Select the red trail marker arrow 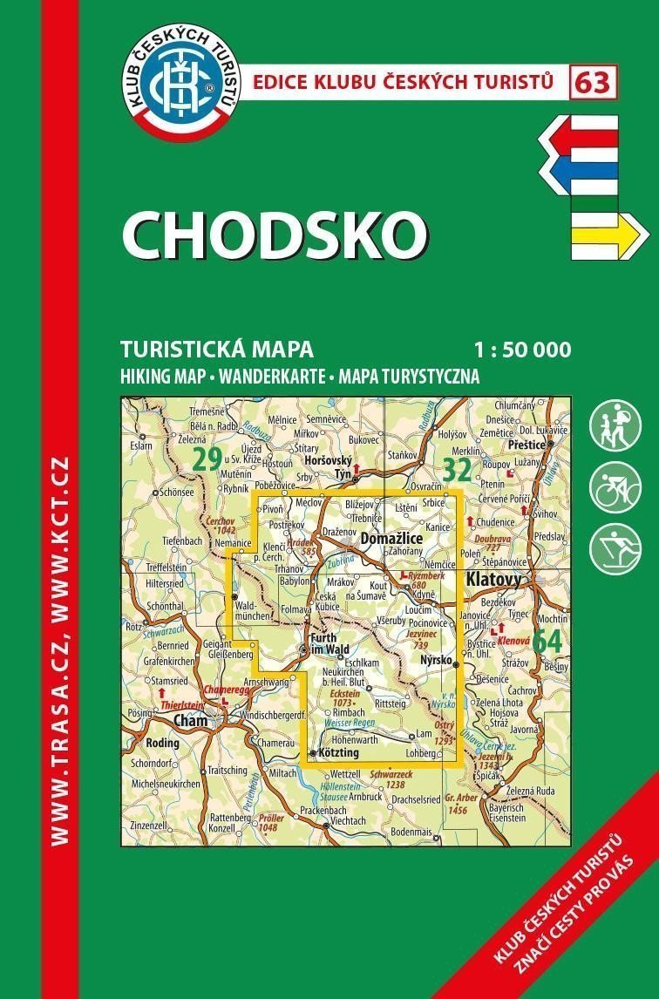pyautogui.click(x=580, y=135)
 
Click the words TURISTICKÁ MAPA pyautogui.click(x=217, y=350)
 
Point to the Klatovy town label pyautogui.click(x=493, y=578)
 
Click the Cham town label pyautogui.click(x=190, y=720)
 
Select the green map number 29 pyautogui.click(x=207, y=460)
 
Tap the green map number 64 pyautogui.click(x=547, y=640)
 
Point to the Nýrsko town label pyautogui.click(x=435, y=661)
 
